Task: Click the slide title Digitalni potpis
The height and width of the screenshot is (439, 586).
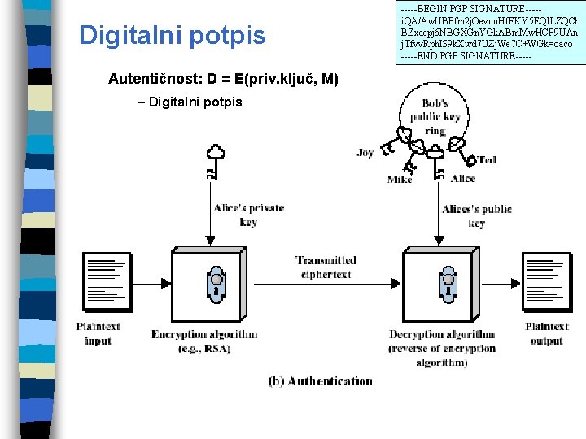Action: click(x=172, y=36)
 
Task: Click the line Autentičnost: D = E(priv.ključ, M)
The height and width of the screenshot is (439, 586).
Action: click(x=223, y=79)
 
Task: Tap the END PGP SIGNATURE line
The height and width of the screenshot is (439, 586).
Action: click(x=466, y=55)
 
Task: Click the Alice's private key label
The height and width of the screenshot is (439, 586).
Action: click(x=248, y=215)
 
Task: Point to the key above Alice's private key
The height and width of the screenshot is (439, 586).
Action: click(x=214, y=162)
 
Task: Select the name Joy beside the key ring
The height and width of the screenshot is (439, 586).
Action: click(x=365, y=153)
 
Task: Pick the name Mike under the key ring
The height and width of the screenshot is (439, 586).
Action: click(x=399, y=180)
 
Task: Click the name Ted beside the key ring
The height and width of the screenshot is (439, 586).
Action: click(x=487, y=160)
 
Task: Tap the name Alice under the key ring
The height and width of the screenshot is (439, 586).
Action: click(x=463, y=179)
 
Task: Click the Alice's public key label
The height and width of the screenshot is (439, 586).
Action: click(x=477, y=215)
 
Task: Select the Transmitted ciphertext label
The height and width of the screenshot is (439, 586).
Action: click(x=326, y=267)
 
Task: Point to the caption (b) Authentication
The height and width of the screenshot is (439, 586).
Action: click(x=320, y=380)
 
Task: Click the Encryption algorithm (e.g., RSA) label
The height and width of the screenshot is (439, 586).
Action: click(x=204, y=341)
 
